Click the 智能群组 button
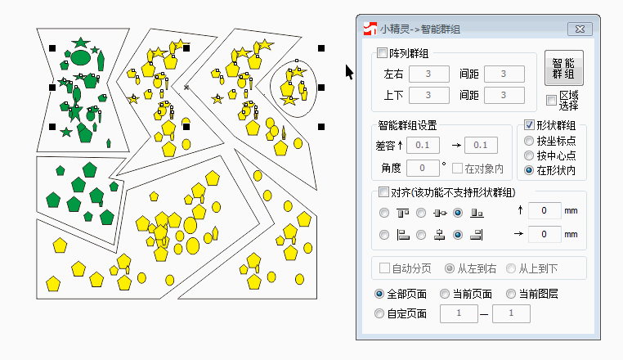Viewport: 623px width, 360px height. tap(563, 68)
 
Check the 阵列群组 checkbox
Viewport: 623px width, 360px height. tap(383, 54)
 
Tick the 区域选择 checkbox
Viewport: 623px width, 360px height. tap(552, 101)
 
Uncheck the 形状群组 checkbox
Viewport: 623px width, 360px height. tap(529, 125)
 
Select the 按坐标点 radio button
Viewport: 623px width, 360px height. tap(529, 141)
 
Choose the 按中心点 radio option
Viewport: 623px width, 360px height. tap(529, 155)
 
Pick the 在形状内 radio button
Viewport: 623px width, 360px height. tap(529, 170)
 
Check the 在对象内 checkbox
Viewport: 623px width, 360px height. tap(458, 169)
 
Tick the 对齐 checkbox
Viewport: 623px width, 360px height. tap(383, 193)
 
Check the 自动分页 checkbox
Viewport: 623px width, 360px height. tap(384, 268)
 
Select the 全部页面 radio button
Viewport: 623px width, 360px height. tap(379, 294)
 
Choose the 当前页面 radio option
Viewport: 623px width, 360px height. tap(445, 294)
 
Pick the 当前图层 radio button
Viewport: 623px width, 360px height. tap(512, 294)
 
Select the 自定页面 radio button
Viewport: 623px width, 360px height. tap(379, 313)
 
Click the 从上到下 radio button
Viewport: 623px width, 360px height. tap(511, 268)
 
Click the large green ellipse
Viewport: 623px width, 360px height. tap(79, 57)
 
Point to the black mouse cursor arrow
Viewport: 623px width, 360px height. tap(349, 72)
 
